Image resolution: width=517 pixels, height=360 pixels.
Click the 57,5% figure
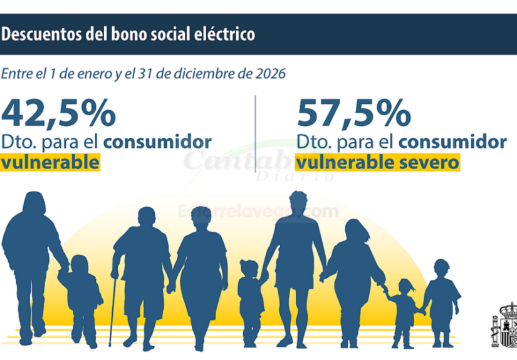pos(353,115)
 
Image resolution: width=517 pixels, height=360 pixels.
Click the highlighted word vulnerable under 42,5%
pos(51,163)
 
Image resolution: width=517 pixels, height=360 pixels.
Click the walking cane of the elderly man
pos(112,310)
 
